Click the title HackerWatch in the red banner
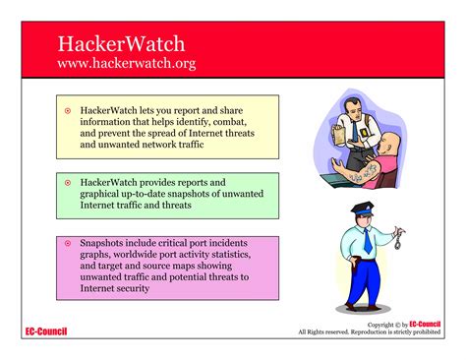tap(121, 44)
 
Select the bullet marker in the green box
tap(68, 183)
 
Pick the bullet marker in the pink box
tap(68, 243)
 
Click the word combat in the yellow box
tap(243, 123)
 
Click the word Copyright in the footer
tap(383, 326)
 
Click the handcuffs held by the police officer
tap(400, 239)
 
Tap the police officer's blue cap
tap(361, 209)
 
